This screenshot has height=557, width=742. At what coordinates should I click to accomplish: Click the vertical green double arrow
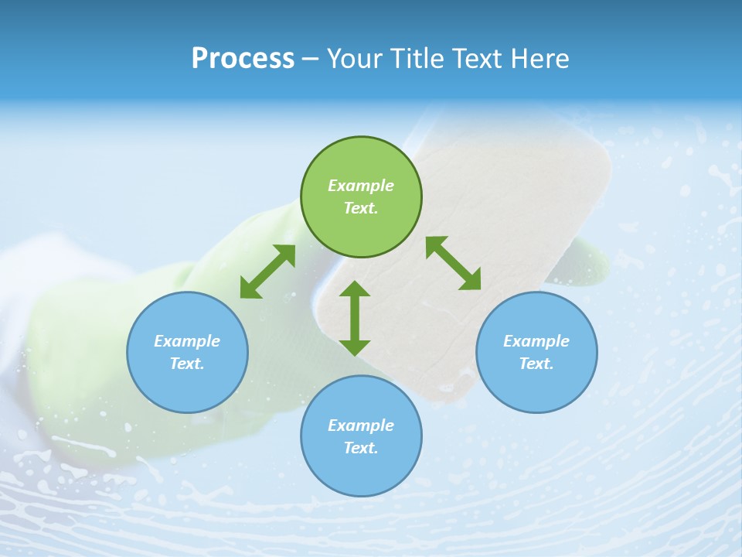point(355,318)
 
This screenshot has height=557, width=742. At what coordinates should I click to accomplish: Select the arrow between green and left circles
point(267,272)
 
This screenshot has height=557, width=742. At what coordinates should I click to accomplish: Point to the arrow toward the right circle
point(454,263)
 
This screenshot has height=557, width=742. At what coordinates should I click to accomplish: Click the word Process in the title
point(243,58)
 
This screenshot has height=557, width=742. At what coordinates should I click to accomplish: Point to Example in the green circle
point(361,186)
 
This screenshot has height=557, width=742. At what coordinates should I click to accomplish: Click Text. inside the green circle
point(361,208)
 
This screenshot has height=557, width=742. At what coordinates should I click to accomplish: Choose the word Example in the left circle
point(187,341)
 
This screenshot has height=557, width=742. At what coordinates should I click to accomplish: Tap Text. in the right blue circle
point(536,364)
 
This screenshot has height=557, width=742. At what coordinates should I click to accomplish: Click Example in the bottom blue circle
point(361,425)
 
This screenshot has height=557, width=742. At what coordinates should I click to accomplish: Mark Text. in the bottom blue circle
point(361,448)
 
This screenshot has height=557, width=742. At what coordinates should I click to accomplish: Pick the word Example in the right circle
point(536,341)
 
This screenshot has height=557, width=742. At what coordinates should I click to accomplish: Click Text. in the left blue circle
point(187,364)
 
